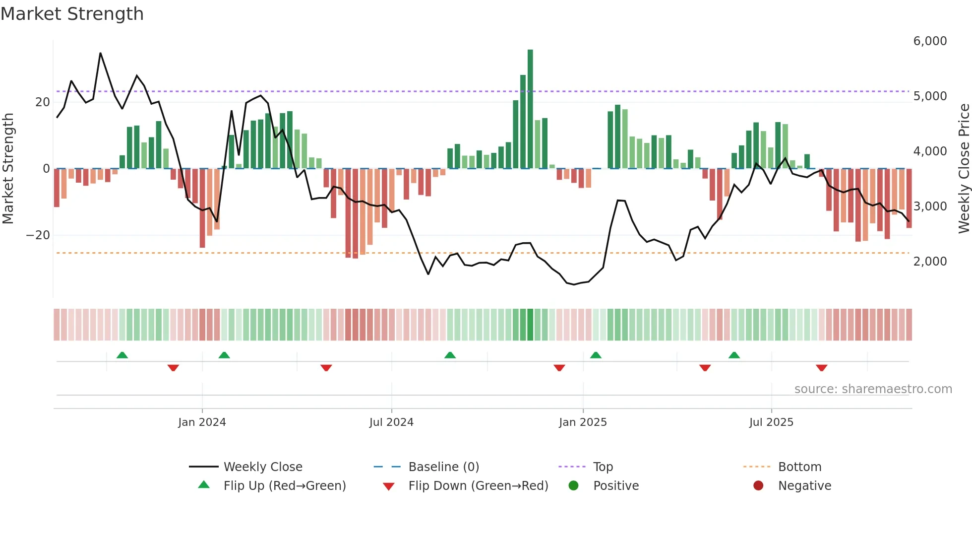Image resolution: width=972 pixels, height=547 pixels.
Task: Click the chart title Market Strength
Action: click(x=72, y=14)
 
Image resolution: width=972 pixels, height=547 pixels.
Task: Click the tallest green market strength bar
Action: click(x=530, y=109)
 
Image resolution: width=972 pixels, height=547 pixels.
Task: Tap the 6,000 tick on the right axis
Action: click(x=930, y=41)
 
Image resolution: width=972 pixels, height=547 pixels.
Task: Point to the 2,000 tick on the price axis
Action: click(x=930, y=262)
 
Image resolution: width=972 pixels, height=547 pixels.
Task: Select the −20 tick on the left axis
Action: click(x=38, y=235)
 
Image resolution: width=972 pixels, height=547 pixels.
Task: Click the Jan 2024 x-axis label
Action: click(x=202, y=422)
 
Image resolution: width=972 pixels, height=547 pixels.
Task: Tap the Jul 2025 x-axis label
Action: click(x=771, y=422)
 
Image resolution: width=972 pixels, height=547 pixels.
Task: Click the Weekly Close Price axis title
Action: click(x=964, y=168)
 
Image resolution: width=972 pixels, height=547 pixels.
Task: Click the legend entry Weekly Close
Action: click(x=262, y=467)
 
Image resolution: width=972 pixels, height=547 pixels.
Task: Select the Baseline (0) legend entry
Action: click(x=443, y=467)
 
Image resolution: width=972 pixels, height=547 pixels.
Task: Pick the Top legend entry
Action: click(x=603, y=467)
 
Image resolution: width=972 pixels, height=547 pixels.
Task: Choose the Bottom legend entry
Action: click(x=799, y=467)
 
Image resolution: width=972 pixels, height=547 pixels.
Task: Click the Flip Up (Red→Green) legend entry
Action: click(x=284, y=486)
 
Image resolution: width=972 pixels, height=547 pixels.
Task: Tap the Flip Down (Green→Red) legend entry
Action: click(x=478, y=486)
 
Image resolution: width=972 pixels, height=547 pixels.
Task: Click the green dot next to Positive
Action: click(x=574, y=486)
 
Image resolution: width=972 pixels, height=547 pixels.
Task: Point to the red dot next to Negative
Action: click(x=758, y=486)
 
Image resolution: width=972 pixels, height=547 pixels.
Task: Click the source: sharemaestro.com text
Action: click(x=873, y=389)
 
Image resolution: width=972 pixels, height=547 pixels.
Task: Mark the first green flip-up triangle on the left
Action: click(x=122, y=355)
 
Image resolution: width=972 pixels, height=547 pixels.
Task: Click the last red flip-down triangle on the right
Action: click(x=821, y=368)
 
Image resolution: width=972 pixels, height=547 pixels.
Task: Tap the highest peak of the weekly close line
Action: click(x=100, y=53)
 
